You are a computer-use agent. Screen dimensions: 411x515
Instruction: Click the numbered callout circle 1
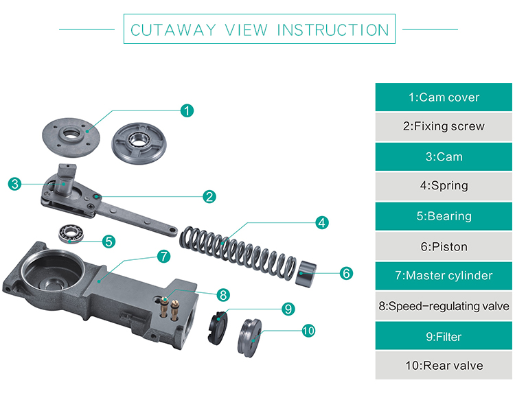pos(187,110)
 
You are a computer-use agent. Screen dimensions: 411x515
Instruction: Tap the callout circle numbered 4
pos(322,222)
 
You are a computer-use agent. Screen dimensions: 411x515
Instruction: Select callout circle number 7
pos(163,256)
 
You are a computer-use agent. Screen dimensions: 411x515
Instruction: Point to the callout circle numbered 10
pos(308,331)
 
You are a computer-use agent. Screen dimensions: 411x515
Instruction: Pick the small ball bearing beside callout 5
pos(69,234)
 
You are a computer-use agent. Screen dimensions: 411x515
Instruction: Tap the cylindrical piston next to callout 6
pos(306,272)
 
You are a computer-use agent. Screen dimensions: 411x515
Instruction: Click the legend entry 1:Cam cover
pos(444,97)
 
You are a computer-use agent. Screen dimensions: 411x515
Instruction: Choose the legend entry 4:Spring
pos(444,185)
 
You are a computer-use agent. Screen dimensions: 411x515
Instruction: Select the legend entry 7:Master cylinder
pos(444,276)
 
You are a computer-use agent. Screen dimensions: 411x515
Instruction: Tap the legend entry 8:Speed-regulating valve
pos(444,306)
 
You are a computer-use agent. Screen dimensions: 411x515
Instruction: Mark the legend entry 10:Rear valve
pos(444,365)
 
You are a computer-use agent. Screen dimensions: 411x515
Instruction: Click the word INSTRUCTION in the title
pos(333,30)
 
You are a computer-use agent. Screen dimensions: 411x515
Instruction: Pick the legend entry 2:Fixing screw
pos(444,126)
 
